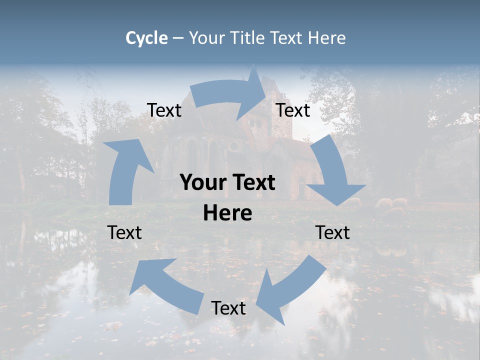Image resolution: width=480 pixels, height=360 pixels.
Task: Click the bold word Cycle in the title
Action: point(146,38)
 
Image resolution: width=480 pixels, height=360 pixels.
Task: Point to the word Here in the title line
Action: point(327,38)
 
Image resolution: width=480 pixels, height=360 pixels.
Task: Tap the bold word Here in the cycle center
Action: point(227,213)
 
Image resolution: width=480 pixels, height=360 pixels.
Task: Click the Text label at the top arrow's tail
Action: point(164,110)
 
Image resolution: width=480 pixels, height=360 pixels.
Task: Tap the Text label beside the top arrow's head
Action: point(293,110)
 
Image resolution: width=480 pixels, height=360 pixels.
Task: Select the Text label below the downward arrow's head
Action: point(332,232)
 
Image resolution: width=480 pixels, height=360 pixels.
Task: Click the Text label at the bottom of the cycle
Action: point(228,308)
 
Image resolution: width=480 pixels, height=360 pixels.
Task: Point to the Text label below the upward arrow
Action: point(124,232)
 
